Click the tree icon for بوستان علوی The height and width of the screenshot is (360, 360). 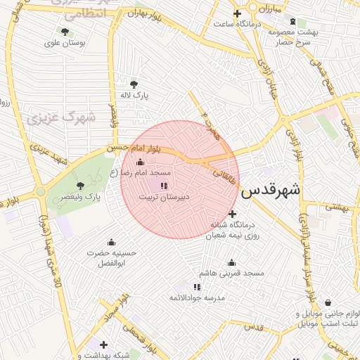pos(65,32)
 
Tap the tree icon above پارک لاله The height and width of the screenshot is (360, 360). pos(134,84)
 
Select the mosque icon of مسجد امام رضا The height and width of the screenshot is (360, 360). pos(139,162)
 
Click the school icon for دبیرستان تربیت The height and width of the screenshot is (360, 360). pos(164,186)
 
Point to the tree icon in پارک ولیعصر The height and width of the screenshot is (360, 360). pos(80,186)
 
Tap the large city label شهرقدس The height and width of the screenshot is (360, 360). pos(271,190)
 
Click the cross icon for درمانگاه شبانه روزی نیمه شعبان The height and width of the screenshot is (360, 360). pos(233,214)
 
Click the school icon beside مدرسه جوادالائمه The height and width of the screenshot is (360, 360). pos(197,287)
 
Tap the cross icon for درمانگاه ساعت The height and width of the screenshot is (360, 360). pos(238,13)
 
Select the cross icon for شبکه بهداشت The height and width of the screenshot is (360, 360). pos(103,345)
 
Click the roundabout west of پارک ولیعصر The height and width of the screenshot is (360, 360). pos(41,191)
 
